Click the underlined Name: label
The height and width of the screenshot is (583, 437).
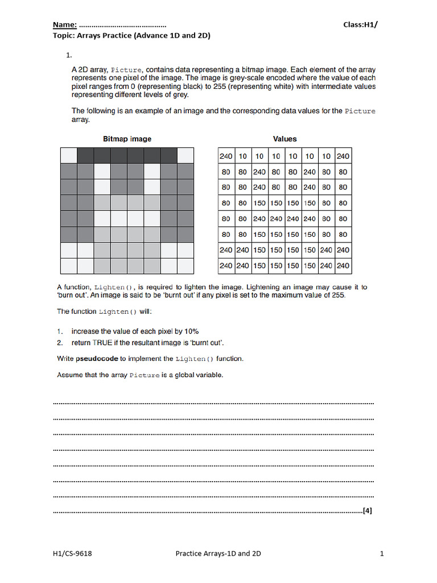(x=65, y=24)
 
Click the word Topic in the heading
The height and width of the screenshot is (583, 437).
(x=64, y=36)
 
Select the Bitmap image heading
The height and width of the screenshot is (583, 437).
(x=127, y=139)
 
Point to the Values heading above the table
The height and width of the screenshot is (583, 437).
(x=285, y=139)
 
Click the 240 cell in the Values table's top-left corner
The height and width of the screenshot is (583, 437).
(x=226, y=156)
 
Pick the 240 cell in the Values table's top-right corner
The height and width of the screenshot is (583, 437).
(x=343, y=156)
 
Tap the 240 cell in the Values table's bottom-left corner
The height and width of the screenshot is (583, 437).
(x=226, y=265)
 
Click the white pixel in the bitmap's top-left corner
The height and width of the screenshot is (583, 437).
(x=68, y=155)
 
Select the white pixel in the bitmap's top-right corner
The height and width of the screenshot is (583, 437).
(x=185, y=155)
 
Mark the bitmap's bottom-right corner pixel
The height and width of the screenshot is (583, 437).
(x=185, y=266)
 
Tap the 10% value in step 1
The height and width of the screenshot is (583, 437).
(x=191, y=331)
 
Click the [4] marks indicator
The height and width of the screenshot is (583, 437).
(x=367, y=511)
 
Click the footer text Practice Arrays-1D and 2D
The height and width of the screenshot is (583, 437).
(x=218, y=553)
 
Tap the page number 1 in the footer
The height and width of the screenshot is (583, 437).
(x=382, y=553)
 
